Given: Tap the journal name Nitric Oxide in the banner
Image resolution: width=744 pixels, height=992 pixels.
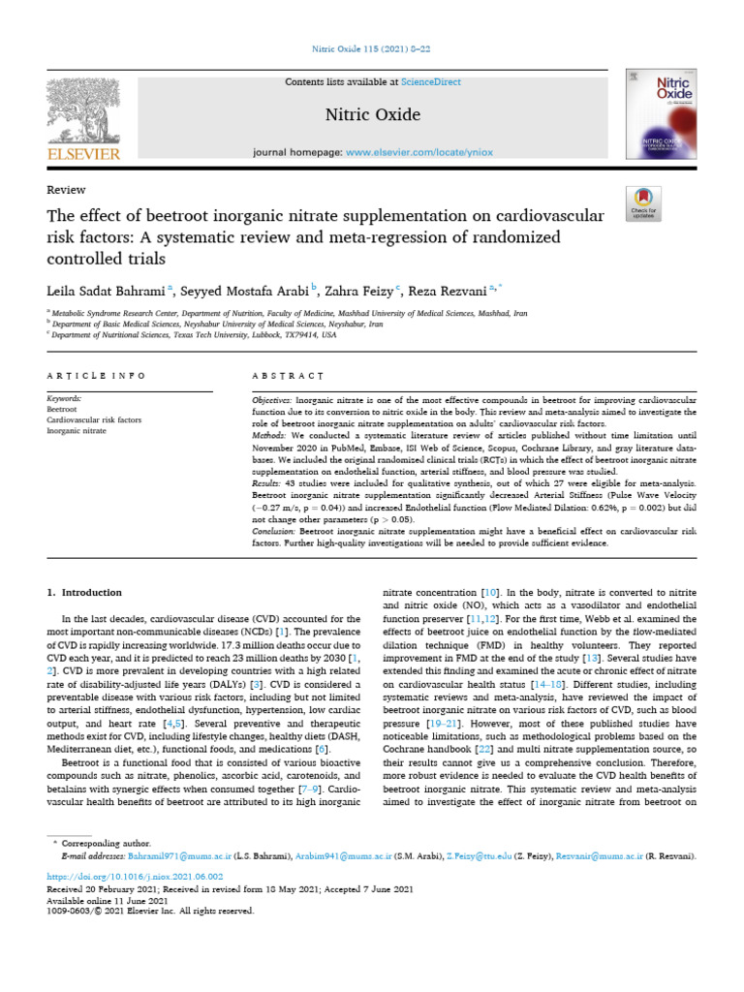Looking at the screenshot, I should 371,115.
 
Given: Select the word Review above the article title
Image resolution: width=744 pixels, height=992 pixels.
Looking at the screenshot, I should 66,190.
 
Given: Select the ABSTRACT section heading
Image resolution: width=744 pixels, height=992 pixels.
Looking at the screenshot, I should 288,376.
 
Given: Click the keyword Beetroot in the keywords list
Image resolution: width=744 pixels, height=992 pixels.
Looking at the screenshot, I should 62,410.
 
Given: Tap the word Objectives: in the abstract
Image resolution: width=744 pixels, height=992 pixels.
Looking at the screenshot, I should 278,400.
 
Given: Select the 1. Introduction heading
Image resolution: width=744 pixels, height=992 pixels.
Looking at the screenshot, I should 85,592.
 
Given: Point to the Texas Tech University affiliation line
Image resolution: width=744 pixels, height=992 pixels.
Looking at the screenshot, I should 195,334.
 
